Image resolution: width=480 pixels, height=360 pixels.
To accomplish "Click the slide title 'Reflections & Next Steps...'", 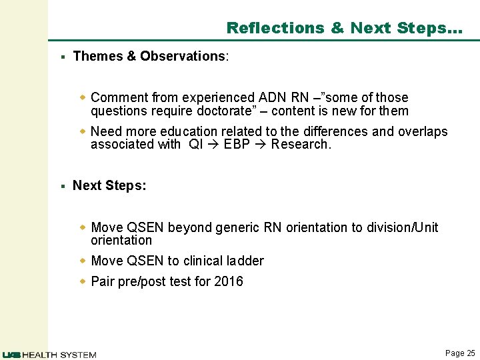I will pos(343,28).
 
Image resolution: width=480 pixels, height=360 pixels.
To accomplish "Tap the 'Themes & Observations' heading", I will pos(150,57).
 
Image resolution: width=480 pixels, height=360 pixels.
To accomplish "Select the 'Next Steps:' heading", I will pos(109,185).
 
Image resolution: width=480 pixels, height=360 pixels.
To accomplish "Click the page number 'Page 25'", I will pos(460,353).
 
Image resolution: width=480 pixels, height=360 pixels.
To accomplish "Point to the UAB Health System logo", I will pos(49,355).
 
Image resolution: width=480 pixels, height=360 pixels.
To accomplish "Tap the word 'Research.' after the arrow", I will pos(301,144).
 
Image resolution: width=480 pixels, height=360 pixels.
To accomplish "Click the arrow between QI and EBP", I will pos(211,144).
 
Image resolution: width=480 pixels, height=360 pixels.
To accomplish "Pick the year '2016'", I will pos(229,281).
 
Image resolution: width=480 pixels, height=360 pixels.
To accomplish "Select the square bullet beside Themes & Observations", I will pos(61,57).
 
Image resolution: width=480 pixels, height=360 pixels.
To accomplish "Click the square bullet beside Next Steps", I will pos(61,186).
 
